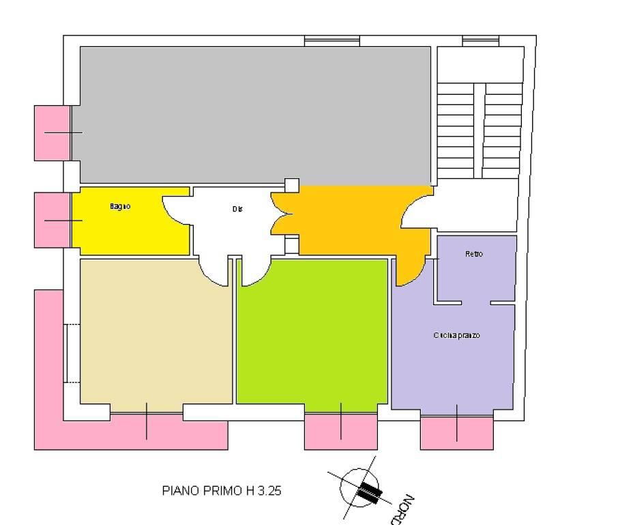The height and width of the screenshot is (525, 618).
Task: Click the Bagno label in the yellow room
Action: click(119, 206)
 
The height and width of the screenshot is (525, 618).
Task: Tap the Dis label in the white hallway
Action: click(237, 210)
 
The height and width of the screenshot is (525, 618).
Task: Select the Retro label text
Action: click(473, 254)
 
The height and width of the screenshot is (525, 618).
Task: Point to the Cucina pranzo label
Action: click(456, 336)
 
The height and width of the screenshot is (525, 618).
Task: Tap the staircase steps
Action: click(479, 130)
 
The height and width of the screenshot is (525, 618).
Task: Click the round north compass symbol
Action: click(359, 487)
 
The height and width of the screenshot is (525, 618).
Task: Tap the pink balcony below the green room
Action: click(340, 431)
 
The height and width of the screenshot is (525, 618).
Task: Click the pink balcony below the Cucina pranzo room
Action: click(456, 432)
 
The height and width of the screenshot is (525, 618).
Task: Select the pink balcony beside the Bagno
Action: click(53, 220)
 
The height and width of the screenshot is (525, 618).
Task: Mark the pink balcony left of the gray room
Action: click(53, 132)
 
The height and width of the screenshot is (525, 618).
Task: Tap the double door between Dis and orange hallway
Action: click(281, 212)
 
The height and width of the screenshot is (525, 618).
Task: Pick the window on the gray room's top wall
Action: click(331, 42)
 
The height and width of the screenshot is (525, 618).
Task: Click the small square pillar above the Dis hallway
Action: click(291, 185)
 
